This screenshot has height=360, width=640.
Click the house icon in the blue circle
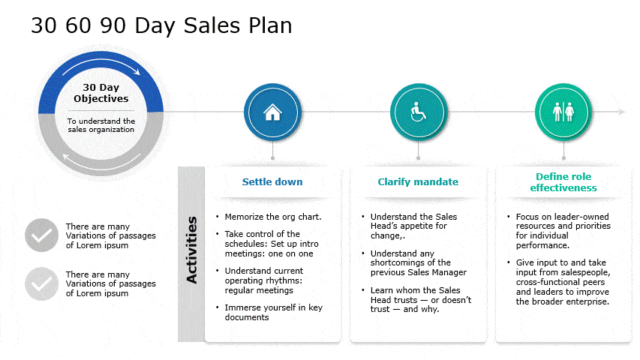(272, 112)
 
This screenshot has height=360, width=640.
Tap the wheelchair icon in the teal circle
(418, 112)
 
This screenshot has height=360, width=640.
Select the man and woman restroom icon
(563, 112)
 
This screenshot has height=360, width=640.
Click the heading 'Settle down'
(272, 182)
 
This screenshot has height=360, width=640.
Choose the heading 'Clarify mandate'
(418, 182)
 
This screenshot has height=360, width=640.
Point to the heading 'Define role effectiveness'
(563, 182)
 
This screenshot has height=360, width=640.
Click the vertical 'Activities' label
(191, 250)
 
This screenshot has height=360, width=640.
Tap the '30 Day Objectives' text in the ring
(101, 93)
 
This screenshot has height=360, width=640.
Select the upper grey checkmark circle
(41, 235)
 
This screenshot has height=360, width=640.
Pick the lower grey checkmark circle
(41, 283)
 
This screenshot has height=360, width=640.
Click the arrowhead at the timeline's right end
(621, 112)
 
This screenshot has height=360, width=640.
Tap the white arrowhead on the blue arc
(137, 72)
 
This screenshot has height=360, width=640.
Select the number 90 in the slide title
(113, 25)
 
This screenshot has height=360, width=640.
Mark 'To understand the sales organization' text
(101, 125)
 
